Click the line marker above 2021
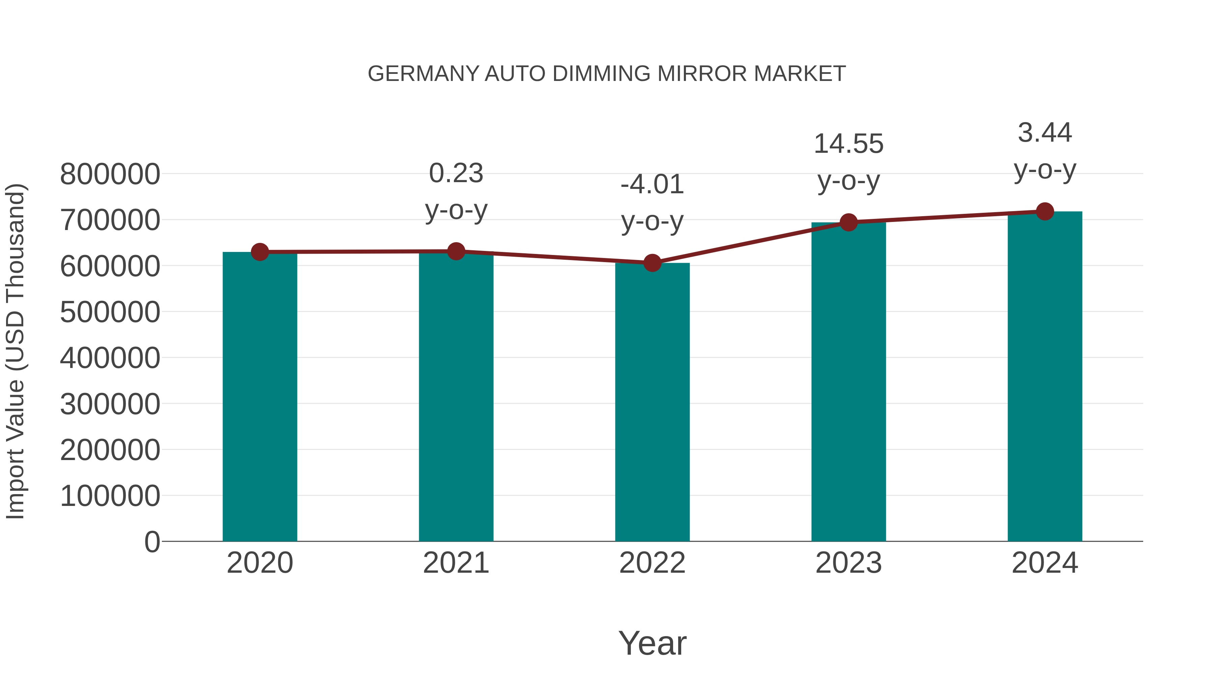456,251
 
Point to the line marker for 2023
848,222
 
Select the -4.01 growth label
652,184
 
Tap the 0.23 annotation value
456,173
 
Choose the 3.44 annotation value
1045,133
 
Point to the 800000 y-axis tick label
110,174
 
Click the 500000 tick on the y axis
110,312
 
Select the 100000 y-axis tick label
110,496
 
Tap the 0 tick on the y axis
152,542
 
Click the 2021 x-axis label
456,563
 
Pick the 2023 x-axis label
848,563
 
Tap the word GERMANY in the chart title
423,74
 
